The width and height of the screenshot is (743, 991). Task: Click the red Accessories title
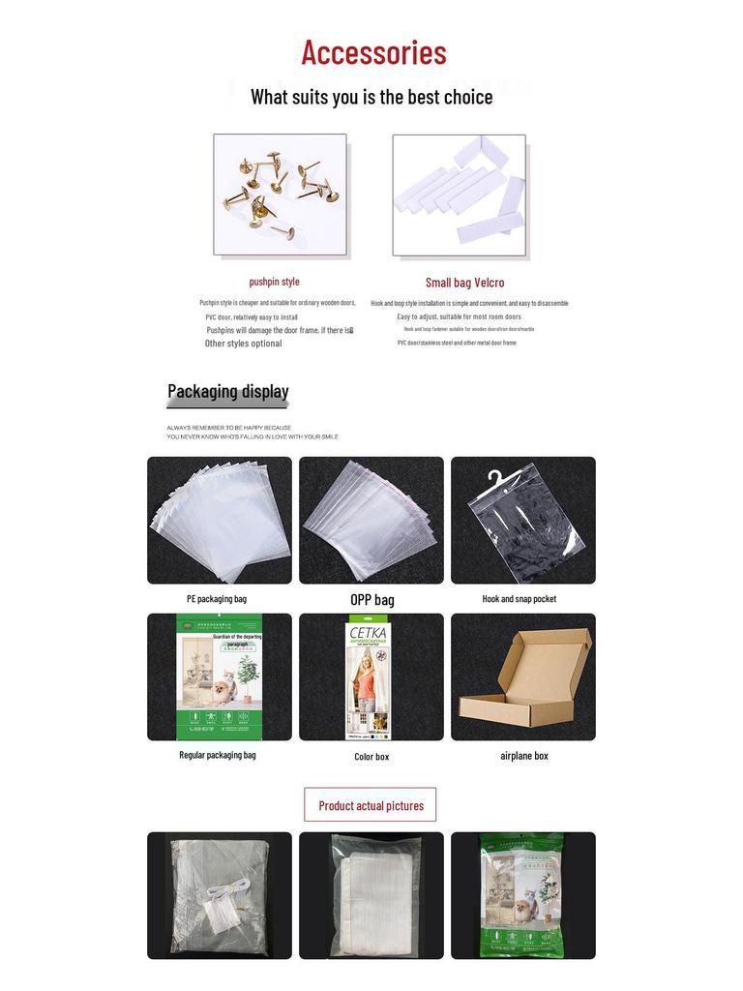(x=373, y=52)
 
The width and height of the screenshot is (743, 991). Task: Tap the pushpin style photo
(x=280, y=195)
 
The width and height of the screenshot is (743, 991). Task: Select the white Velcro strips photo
(x=460, y=195)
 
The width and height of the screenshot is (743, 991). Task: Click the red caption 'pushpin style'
(x=274, y=282)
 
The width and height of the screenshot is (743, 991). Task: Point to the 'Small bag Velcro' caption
(x=464, y=283)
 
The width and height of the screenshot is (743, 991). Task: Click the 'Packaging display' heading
(x=228, y=391)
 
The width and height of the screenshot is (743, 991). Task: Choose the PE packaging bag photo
(x=220, y=520)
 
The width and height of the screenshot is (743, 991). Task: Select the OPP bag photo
(x=371, y=520)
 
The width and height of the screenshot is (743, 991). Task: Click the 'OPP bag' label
(x=371, y=600)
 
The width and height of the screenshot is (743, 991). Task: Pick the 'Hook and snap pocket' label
(x=520, y=599)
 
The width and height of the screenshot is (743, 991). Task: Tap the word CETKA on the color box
(x=368, y=633)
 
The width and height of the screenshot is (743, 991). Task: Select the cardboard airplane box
(x=523, y=677)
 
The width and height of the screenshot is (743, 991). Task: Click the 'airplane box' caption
(x=523, y=756)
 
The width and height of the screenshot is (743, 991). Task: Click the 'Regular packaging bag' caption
(x=218, y=755)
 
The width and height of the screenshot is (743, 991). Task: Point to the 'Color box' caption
(x=371, y=757)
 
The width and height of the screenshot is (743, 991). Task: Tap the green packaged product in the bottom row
(x=523, y=895)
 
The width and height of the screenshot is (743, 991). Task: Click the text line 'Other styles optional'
(x=244, y=344)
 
